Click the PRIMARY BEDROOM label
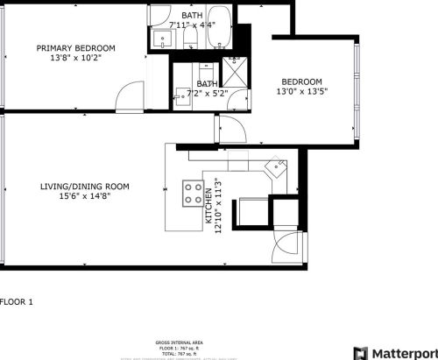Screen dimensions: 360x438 click(x=75, y=48)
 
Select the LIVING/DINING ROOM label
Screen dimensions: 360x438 click(x=85, y=186)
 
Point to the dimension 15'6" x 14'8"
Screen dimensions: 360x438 click(x=85, y=197)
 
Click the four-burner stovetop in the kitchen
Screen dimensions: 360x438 click(x=192, y=193)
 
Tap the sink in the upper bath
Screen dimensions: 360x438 click(x=161, y=39)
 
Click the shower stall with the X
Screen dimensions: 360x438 click(x=235, y=71)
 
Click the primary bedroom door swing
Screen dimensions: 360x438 click(x=130, y=95)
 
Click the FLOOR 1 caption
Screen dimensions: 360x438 click(x=17, y=302)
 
